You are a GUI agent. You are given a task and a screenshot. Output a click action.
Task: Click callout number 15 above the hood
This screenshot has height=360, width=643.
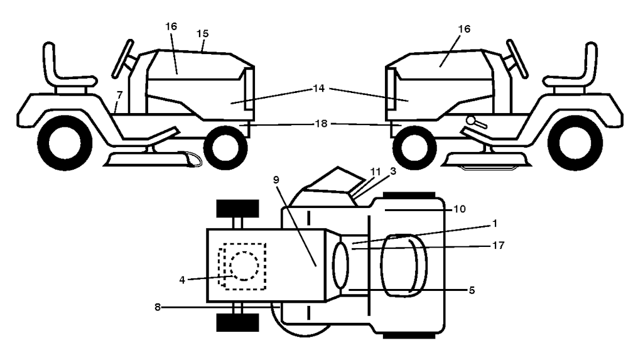[203, 33]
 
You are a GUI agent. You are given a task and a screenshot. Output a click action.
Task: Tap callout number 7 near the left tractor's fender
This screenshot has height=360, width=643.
[119, 95]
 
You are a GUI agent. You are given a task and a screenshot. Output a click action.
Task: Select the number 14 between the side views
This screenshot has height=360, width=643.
[319, 88]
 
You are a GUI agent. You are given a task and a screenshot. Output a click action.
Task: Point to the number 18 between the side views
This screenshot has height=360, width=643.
[321, 123]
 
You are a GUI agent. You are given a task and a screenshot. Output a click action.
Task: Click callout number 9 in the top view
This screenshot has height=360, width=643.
[276, 180]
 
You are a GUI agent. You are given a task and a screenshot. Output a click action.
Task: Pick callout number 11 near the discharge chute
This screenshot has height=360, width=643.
[376, 171]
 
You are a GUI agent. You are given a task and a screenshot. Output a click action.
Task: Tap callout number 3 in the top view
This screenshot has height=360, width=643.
[393, 171]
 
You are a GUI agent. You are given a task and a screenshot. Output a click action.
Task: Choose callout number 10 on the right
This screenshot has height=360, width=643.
[460, 209]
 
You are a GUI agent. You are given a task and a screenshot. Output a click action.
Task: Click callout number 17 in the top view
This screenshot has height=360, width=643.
[498, 245]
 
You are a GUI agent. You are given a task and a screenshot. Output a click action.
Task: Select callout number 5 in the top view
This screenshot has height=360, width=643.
[472, 290]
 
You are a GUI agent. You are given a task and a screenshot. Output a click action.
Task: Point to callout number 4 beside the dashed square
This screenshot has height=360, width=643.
[182, 280]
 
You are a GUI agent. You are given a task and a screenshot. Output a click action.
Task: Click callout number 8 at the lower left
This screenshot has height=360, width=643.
[157, 307]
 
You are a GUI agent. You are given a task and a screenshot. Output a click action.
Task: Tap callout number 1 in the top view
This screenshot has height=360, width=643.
[495, 223]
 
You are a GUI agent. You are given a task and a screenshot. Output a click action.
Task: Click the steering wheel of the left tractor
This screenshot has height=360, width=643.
[123, 58]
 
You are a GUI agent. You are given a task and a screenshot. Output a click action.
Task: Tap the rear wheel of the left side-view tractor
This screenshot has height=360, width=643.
[65, 143]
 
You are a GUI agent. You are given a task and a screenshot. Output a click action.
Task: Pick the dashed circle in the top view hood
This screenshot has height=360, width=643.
[244, 266]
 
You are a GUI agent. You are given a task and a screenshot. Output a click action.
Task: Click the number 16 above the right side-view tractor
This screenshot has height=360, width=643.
[464, 29]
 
